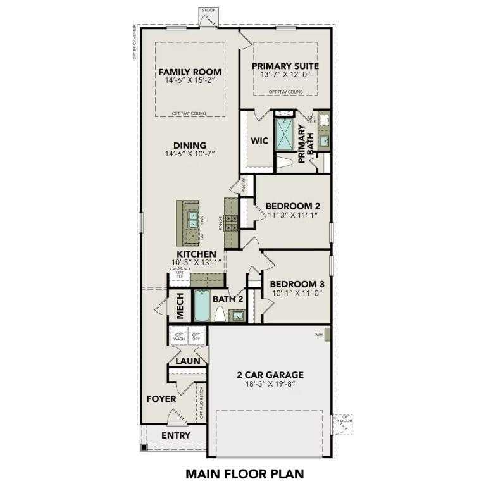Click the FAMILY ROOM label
pyautogui.click(x=190, y=71)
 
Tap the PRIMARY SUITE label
pyautogui.click(x=285, y=66)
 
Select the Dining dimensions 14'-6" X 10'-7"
pyautogui.click(x=190, y=154)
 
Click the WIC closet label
pyautogui.click(x=260, y=140)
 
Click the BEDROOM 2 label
pyautogui.click(x=292, y=206)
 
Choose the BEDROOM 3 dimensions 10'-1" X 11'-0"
pyautogui.click(x=297, y=292)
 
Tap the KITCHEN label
pyautogui.click(x=196, y=254)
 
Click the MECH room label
pyautogui.click(x=179, y=306)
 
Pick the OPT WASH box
pyautogui.click(x=179, y=337)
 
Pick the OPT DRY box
pyautogui.click(x=196, y=337)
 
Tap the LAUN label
pyautogui.click(x=188, y=361)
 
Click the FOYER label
pyautogui.click(x=161, y=399)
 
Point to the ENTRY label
pyautogui.click(x=175, y=435)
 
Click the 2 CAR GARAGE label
pyautogui.click(x=270, y=374)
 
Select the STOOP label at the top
pyautogui.click(x=208, y=10)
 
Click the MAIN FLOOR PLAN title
pyautogui.click(x=245, y=472)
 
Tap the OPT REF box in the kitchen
pyautogui.click(x=179, y=275)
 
